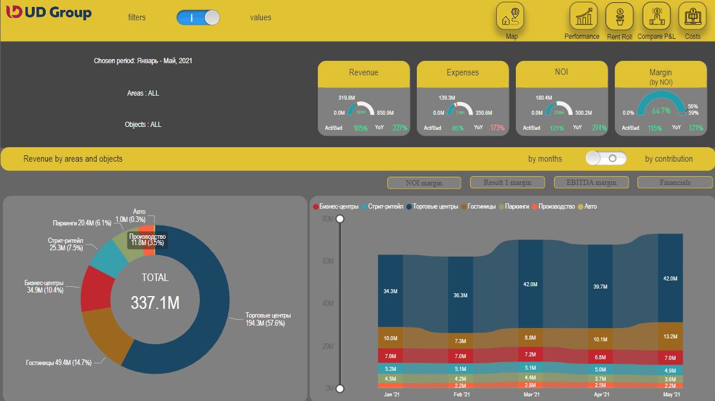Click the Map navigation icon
510,16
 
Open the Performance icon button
584,16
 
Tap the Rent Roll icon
619,16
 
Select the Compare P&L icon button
657,16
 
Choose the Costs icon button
692,16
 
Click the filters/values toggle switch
199,17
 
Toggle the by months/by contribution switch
606,158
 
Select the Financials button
674,183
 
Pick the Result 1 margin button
507,183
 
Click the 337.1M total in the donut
155,302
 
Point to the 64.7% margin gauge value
661,110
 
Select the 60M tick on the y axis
328,261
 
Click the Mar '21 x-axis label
531,395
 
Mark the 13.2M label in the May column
670,337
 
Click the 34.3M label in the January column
390,291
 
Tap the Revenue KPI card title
364,72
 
